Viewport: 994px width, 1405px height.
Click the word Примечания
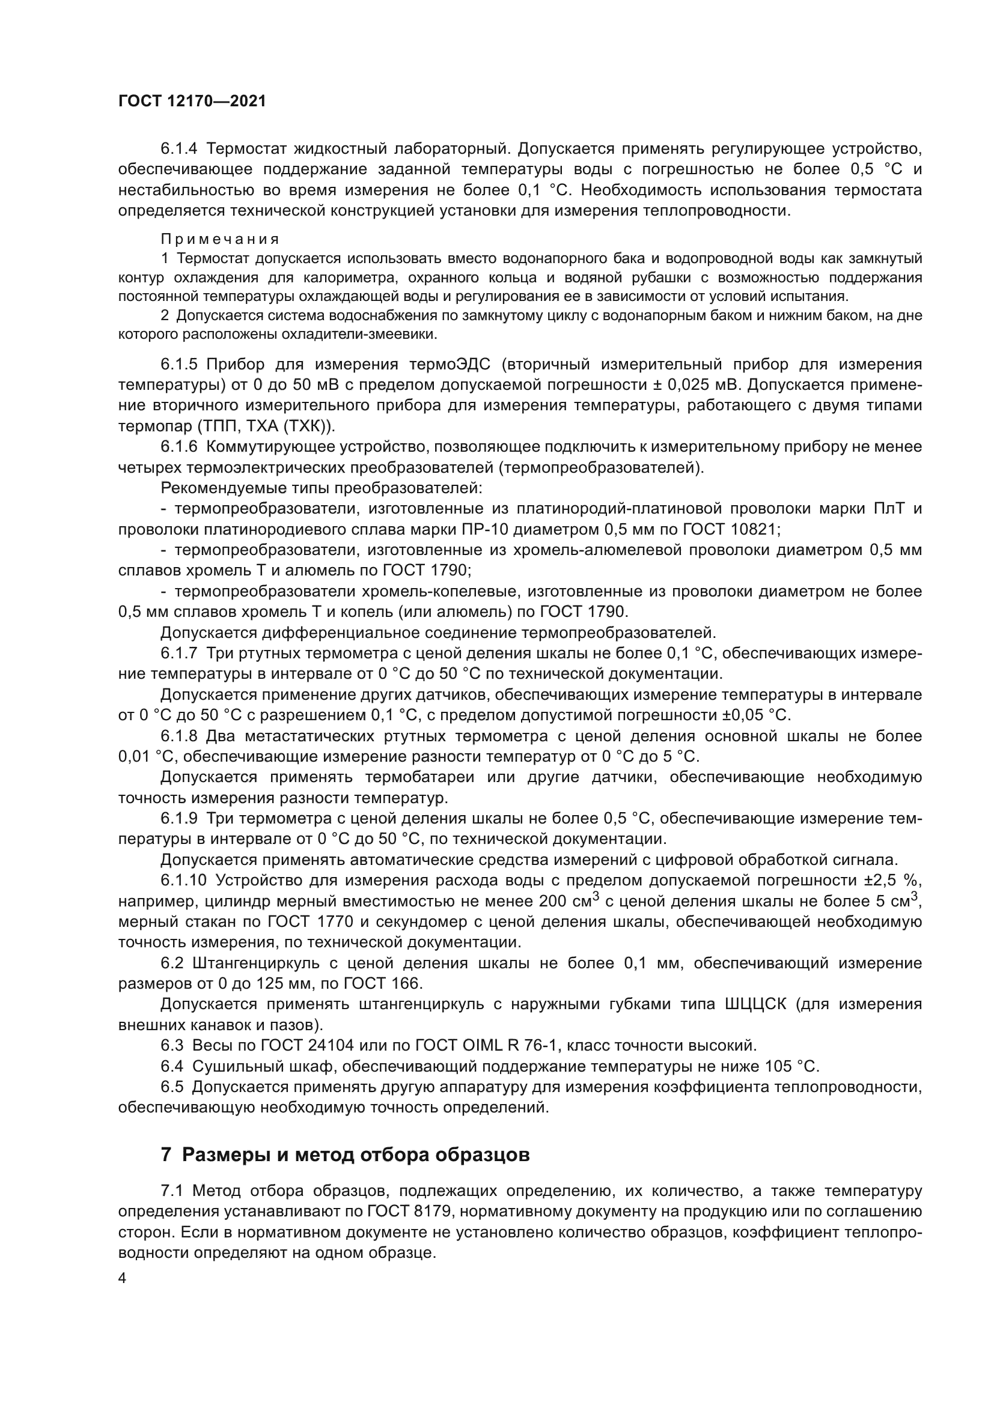point(220,239)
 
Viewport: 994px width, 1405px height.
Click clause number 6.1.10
point(184,881)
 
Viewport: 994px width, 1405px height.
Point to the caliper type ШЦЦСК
point(755,1004)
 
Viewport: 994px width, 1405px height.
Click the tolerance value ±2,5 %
point(892,881)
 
